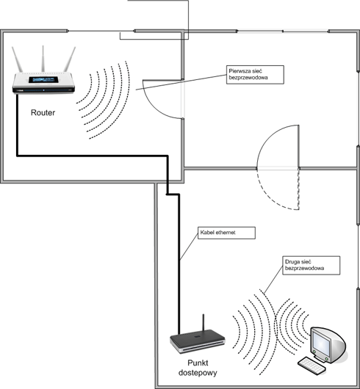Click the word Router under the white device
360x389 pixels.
pyautogui.click(x=43, y=112)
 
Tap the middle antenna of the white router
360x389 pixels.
pyautogui.click(x=43, y=59)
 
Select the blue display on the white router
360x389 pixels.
pyautogui.click(x=43, y=80)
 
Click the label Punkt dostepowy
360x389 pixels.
pyautogui.click(x=198, y=368)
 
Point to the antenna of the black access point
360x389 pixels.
pyautogui.click(x=204, y=322)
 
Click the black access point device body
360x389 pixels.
pyautogui.click(x=198, y=341)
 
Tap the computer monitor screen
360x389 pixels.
pyautogui.click(x=321, y=343)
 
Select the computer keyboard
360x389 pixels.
pyautogui.click(x=312, y=366)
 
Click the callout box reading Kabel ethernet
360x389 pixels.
pyautogui.click(x=226, y=233)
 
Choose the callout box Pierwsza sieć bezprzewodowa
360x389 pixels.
pyautogui.click(x=255, y=75)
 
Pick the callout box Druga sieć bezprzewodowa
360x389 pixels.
pyautogui.click(x=312, y=266)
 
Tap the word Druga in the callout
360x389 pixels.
pyautogui.click(x=292, y=262)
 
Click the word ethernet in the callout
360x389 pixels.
pyautogui.click(x=226, y=233)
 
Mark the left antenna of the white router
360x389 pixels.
pyautogui.click(x=17, y=59)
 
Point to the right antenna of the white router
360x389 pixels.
pyautogui.click(x=70, y=59)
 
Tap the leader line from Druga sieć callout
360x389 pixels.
pyautogui.click(x=273, y=280)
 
